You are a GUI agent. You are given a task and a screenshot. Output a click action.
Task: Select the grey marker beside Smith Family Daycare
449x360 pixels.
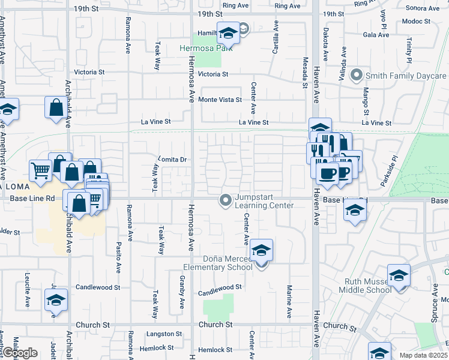pyautogui.click(x=357, y=76)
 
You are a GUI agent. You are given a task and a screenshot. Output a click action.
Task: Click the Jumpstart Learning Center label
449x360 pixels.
pyautogui.click(x=264, y=201)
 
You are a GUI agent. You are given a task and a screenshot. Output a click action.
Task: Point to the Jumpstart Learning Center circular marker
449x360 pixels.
pyautogui.click(x=226, y=200)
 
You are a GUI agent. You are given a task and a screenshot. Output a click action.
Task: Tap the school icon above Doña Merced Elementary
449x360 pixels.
pyautogui.click(x=261, y=250)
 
